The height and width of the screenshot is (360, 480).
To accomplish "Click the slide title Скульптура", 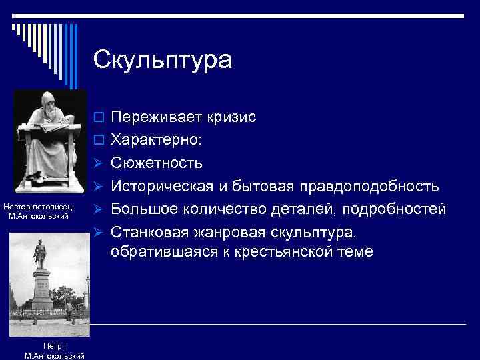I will click(x=163, y=60).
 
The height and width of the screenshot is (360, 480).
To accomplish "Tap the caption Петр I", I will click(x=53, y=345).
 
